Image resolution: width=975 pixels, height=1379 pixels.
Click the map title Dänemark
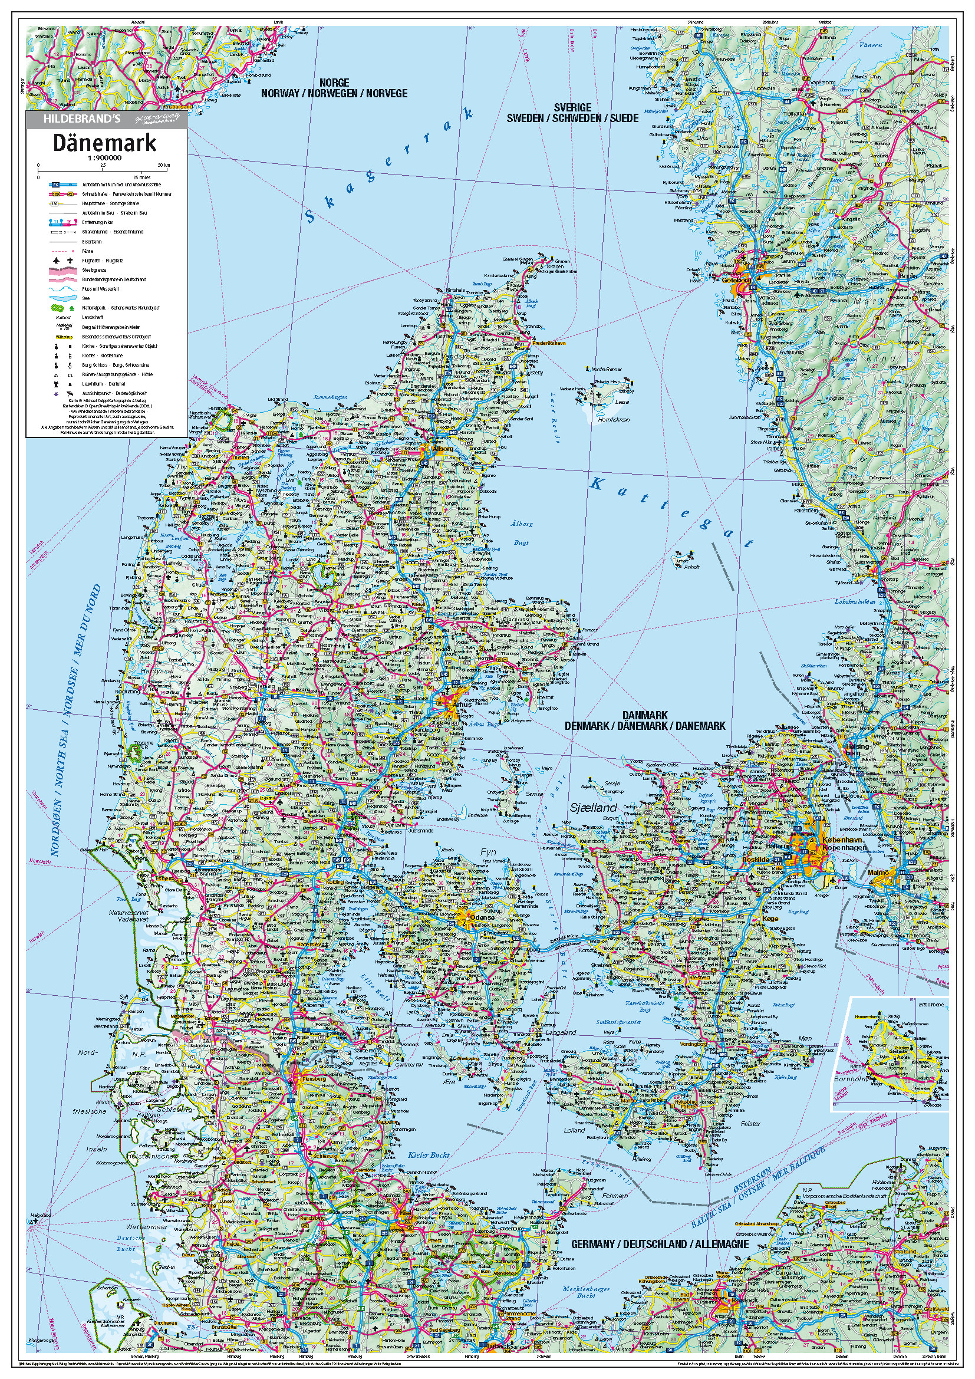coord(104,143)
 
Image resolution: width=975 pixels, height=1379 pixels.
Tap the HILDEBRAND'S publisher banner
coord(83,119)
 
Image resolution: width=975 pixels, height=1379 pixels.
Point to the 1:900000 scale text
coord(104,158)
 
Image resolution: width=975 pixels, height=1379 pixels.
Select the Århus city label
coord(462,705)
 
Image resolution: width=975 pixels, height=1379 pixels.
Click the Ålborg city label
coord(443,449)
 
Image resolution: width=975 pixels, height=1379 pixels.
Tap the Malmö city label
coord(882,871)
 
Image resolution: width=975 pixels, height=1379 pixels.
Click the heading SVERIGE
coord(572,107)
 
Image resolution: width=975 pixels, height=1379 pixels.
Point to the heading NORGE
coord(334,83)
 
